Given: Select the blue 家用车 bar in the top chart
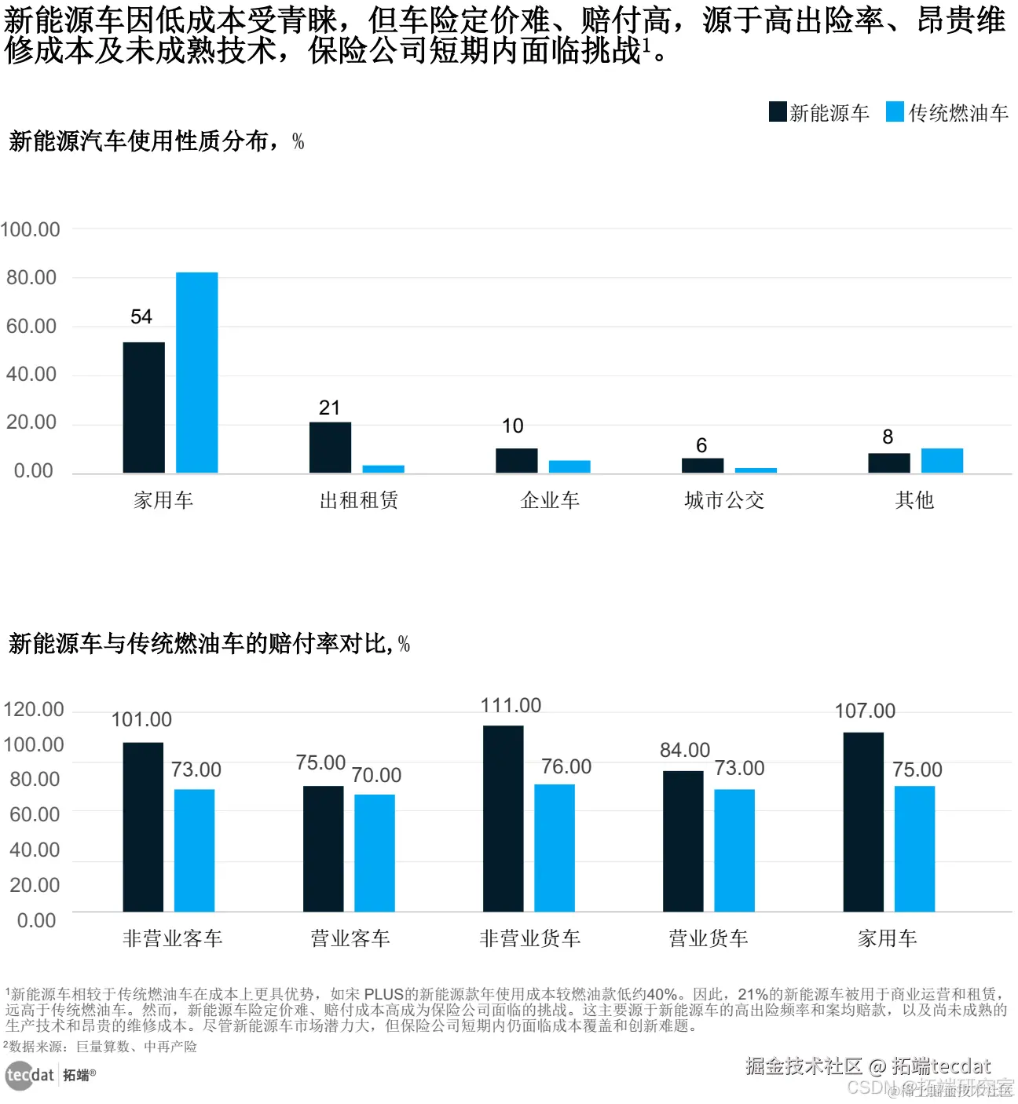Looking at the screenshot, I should [196, 372].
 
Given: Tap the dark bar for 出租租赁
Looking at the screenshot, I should [330, 447].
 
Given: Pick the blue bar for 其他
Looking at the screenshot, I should [942, 460].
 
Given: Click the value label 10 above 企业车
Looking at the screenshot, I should [512, 426].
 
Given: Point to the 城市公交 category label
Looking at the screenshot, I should [723, 500].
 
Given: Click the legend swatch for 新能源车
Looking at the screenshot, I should [777, 111].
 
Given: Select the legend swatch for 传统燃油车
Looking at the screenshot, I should [895, 111].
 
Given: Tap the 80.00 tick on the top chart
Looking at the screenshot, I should [31, 277].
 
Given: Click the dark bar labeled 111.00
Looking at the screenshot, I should [503, 817].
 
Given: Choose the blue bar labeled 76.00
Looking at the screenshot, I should [555, 847].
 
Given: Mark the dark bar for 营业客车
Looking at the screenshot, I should [323, 848].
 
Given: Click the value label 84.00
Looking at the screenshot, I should [684, 750].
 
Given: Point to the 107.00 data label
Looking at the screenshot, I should [864, 711].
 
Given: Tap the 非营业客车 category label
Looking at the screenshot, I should [173, 938].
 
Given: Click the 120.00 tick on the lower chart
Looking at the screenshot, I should [34, 709].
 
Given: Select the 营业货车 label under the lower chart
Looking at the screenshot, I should [708, 938].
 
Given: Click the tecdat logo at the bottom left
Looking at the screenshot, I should [30, 1075].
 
